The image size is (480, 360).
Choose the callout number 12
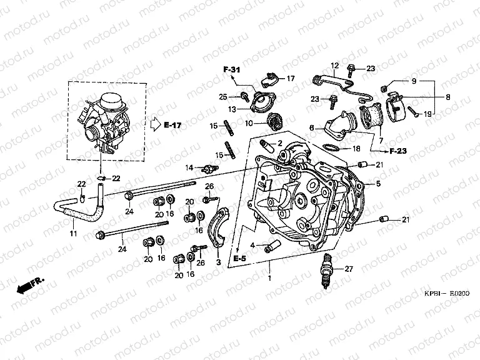point(334,66)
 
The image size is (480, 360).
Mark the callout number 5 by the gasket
point(377,184)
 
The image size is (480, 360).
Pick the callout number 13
point(231,109)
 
